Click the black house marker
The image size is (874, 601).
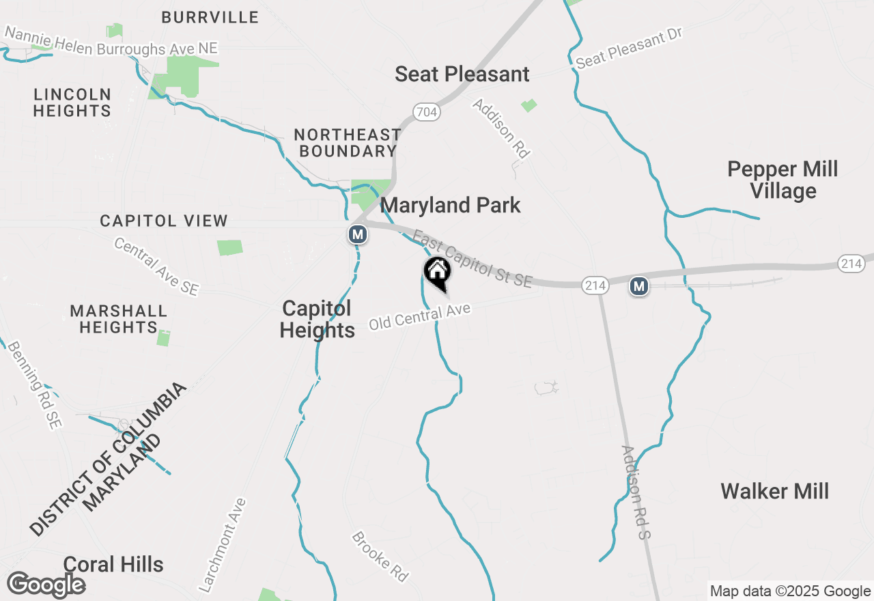pos(438,272)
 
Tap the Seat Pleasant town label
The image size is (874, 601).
pos(462,74)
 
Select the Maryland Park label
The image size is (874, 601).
pos(451,205)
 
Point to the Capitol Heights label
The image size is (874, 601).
pos(317,320)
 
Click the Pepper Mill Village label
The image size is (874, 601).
pos(783,180)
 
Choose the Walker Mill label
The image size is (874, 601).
pos(774,491)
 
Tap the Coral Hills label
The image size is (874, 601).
pos(113,564)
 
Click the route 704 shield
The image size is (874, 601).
pos(426,111)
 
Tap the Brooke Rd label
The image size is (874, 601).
pos(380,557)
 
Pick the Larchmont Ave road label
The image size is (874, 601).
pos(222,546)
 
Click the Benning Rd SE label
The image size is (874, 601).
pos(34,385)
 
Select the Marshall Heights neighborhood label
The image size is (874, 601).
pos(118,320)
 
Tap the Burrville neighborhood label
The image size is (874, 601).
pos(210,18)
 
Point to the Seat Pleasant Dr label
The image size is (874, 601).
pos(629,49)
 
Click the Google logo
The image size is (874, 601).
pos(46,585)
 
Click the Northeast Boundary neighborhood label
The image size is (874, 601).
pos(348,143)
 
